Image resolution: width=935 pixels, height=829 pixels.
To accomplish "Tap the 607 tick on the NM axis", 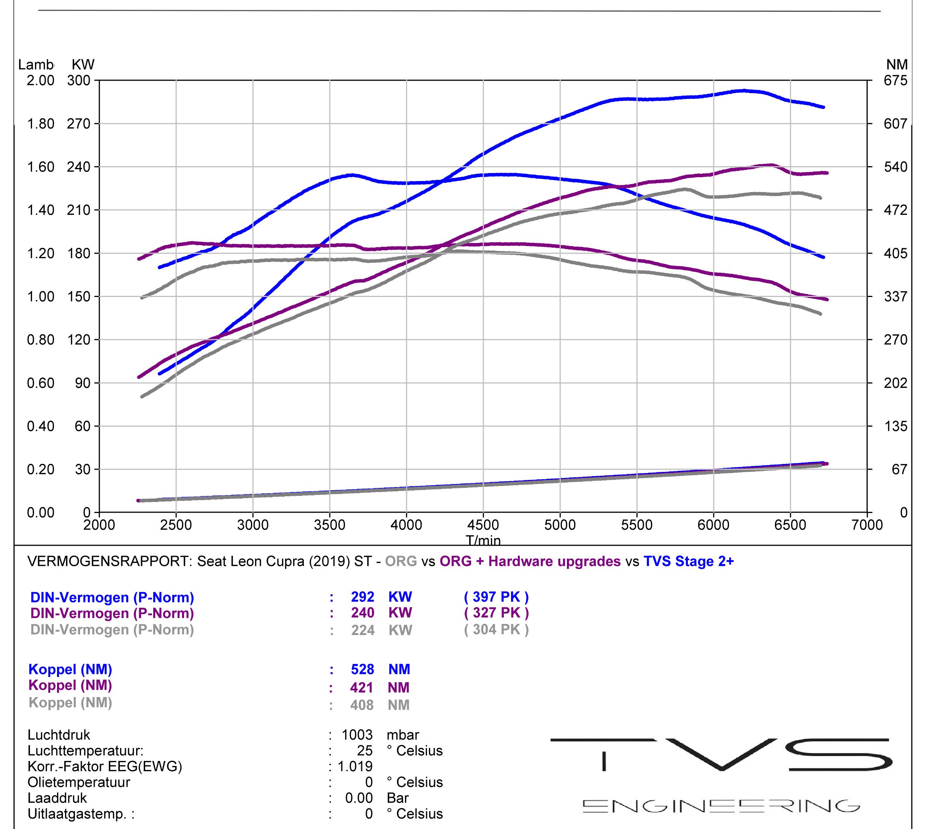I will click(896, 124).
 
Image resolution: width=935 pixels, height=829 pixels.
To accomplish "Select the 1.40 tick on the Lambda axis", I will click(41, 210).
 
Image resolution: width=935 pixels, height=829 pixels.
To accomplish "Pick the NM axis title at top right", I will click(897, 65).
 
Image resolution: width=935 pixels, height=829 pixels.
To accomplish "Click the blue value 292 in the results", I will click(362, 597).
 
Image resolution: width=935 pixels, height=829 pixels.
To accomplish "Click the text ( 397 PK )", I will click(496, 597).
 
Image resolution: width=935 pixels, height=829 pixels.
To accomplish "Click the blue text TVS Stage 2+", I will click(689, 561).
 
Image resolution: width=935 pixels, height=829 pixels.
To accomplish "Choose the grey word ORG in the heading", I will click(401, 561).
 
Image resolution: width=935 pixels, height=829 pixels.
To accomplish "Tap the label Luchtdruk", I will click(59, 735).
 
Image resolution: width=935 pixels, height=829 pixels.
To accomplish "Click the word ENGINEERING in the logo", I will click(721, 806).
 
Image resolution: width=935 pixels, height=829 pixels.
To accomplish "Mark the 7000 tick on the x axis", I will click(867, 525).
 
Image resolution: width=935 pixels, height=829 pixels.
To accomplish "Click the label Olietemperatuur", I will click(79, 782).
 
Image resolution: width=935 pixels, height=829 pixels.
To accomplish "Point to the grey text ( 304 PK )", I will click(496, 630).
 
